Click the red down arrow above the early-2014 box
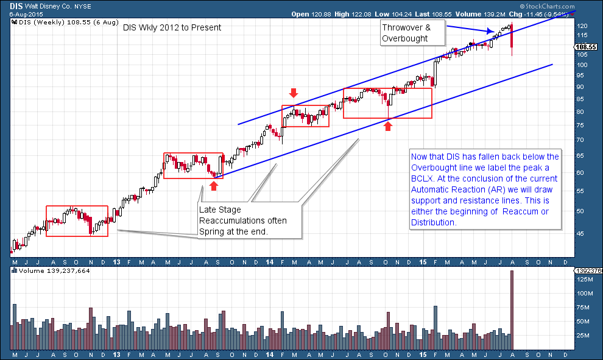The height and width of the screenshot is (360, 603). coord(294,93)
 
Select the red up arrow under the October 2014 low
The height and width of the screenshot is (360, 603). coord(388,126)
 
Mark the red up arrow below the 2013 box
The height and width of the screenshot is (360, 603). coord(213,185)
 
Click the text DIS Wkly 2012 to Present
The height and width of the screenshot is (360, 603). coord(172,27)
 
